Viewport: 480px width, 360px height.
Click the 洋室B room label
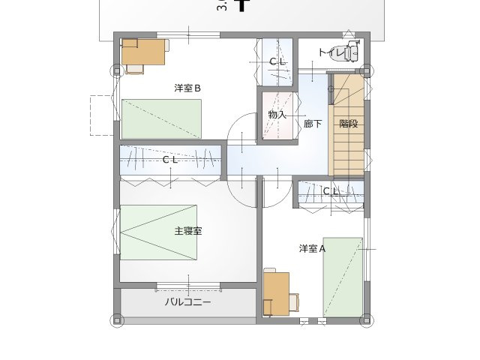coord(187,88)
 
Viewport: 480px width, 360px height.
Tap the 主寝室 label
coord(188,231)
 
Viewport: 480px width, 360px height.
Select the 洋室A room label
coord(312,248)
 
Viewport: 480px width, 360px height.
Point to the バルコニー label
coord(188,303)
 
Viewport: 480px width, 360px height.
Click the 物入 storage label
coord(277,115)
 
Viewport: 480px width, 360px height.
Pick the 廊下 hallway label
coord(312,124)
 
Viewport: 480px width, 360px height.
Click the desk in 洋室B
coord(142,53)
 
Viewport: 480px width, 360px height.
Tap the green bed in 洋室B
coord(161,119)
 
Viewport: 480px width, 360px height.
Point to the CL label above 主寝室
coord(170,160)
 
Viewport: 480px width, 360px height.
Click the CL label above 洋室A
coord(331,192)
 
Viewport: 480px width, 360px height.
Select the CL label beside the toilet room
coord(277,61)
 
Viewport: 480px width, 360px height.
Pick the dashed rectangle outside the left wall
coord(100,115)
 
